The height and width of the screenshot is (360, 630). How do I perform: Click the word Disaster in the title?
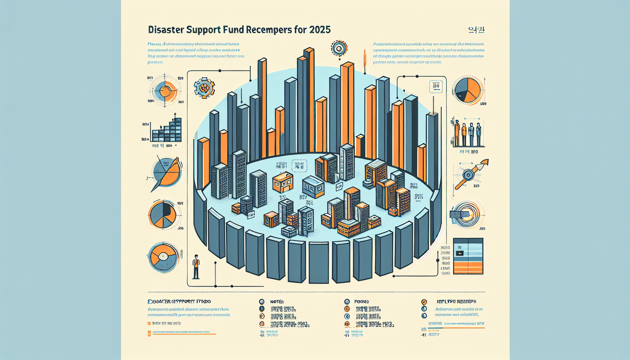pos(166,30)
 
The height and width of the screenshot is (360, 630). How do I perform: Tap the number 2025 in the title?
pos(320,30)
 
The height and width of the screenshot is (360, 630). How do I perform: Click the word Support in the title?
pos(203,30)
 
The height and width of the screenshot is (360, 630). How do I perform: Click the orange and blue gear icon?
pos(204,88)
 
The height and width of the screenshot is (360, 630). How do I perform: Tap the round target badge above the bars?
pos(339,49)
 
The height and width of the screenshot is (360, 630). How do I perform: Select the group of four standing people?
pos(468,134)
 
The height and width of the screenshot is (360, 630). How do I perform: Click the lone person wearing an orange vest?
pos(196,266)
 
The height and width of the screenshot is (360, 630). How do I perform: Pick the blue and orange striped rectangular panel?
pos(468,256)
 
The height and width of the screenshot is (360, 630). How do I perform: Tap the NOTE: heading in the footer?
pos(277,302)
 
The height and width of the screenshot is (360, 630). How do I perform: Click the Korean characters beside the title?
pos(476,30)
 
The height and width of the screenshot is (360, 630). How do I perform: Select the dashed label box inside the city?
pos(299,166)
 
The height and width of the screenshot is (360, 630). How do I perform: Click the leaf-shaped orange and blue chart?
pos(167,173)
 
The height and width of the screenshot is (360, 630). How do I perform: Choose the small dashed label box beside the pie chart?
pos(436,86)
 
